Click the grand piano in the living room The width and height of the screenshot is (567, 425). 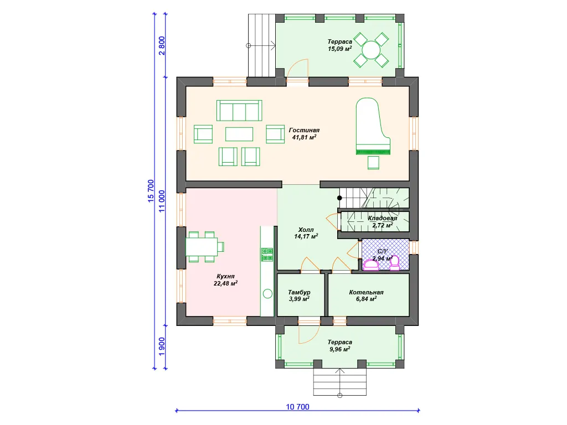[x=373, y=127]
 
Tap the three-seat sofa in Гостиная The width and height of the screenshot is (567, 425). [x=239, y=111]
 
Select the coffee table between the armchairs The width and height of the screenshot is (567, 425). [x=239, y=134]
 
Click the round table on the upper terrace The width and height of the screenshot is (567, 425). [x=371, y=50]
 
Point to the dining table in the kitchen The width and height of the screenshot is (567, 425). [x=202, y=247]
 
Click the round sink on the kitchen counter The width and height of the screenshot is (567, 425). [x=267, y=294]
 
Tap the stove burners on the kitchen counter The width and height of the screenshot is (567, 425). [x=267, y=255]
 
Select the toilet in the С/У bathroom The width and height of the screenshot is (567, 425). [x=394, y=263]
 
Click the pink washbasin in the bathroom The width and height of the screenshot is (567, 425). [x=372, y=265]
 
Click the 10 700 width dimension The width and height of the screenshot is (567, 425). [x=297, y=407]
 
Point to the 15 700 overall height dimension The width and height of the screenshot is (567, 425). [x=151, y=191]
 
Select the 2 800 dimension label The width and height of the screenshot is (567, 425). [x=162, y=45]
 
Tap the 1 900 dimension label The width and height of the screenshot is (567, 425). [x=162, y=346]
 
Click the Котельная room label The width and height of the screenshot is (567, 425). [x=367, y=292]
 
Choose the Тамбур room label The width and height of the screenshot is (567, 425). [x=299, y=292]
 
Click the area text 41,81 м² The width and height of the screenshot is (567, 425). [x=304, y=137]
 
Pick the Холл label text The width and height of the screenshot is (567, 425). [x=306, y=230]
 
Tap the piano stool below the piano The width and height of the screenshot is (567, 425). [x=374, y=163]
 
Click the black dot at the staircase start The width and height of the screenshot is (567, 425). [x=339, y=198]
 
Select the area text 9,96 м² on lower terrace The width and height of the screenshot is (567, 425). [x=339, y=349]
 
